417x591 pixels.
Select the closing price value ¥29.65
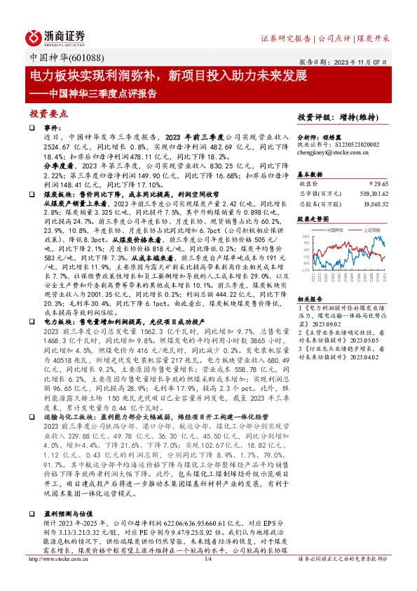coord(377,183)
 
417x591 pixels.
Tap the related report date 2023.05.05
coord(359,338)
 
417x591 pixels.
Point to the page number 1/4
coord(207,579)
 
